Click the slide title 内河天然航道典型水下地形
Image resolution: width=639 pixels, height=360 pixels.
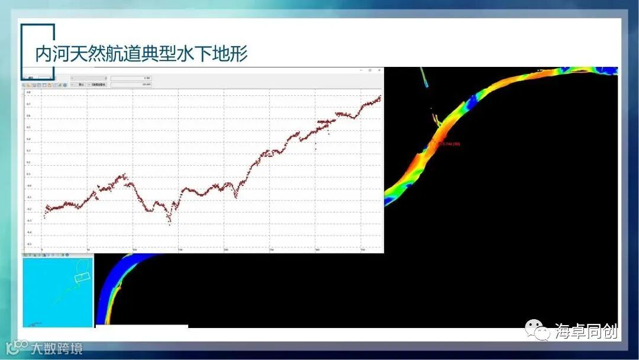point(141,54)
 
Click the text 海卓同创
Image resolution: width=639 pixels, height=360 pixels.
point(586,331)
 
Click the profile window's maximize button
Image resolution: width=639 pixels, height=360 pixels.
point(370,70)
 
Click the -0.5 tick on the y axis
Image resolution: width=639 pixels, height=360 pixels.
point(28,244)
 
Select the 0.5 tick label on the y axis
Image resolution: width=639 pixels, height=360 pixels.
point(28,128)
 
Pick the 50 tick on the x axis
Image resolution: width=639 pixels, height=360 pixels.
point(88,249)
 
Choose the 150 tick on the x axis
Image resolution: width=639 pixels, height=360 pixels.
point(180,249)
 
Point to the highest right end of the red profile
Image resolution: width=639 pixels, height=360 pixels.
point(379,97)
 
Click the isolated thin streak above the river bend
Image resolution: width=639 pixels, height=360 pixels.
point(424,77)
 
